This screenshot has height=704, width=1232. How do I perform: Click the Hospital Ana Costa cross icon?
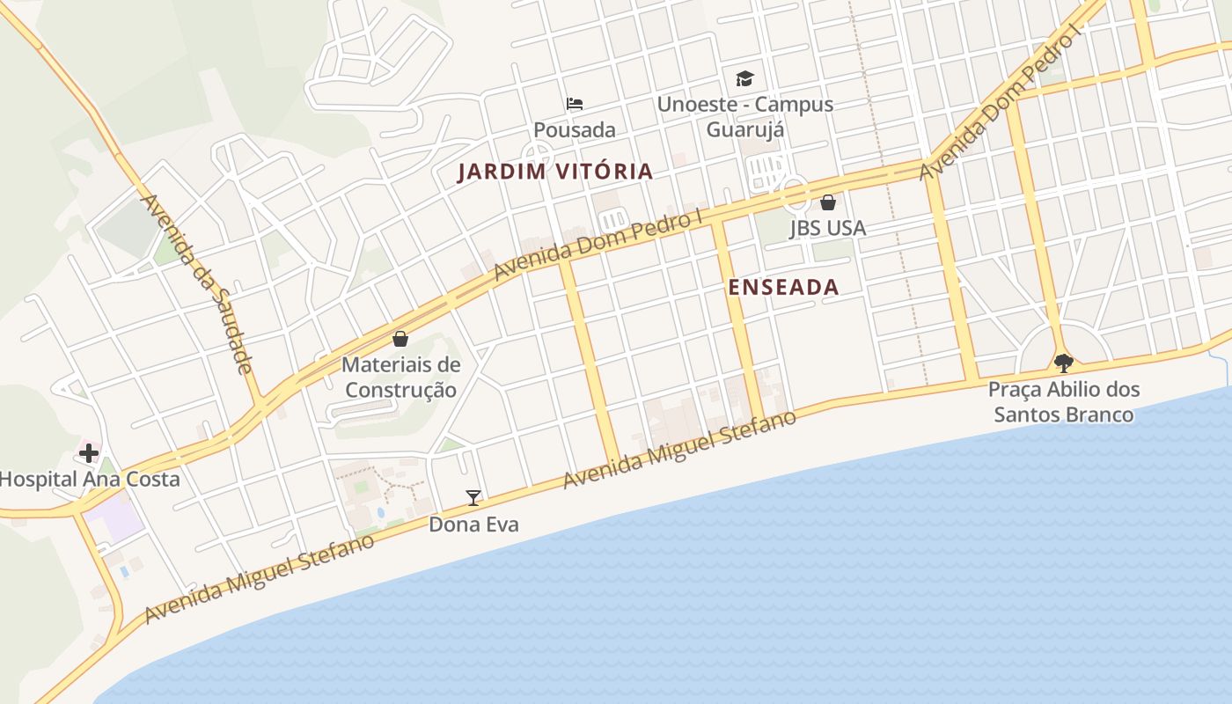pos(89,453)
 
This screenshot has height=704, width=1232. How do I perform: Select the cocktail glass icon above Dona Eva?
pos(473,498)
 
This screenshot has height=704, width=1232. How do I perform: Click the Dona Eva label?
pos(473,524)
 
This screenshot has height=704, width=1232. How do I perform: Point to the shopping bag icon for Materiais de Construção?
pos(400,339)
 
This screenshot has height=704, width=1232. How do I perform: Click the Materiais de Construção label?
pos(400,377)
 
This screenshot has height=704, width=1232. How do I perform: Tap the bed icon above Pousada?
pos(575,104)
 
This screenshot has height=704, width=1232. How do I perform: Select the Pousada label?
pos(575,130)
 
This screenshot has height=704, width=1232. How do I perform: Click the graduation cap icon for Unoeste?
pos(745,78)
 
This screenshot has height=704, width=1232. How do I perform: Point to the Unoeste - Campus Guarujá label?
pos(745,116)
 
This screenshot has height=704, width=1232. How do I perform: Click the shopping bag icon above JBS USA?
pos(827,202)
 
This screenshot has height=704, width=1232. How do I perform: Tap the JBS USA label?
pos(827,228)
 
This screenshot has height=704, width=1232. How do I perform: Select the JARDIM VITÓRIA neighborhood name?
pos(555,172)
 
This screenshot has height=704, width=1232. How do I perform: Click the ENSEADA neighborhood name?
pos(783,287)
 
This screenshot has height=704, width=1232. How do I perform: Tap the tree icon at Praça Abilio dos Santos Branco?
pos(1064,363)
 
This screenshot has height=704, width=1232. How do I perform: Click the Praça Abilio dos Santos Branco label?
pos(1064,401)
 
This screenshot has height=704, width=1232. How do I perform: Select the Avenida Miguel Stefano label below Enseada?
pos(679,450)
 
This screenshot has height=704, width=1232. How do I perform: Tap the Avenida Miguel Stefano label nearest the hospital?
pos(260,577)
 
